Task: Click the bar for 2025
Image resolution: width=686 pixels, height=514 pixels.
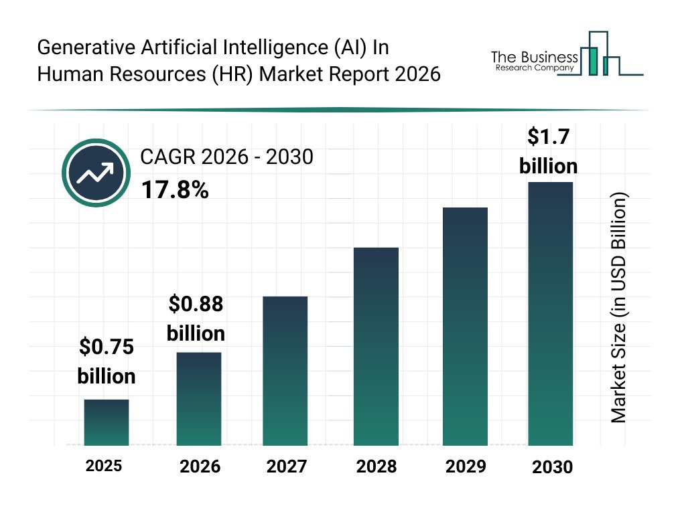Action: (x=106, y=422)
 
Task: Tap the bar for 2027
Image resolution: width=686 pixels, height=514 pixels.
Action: (x=285, y=371)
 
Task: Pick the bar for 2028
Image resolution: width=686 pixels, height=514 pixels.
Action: (x=376, y=346)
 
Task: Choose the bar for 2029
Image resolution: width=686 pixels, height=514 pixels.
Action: (x=465, y=326)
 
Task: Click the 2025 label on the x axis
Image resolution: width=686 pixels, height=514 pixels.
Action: (x=104, y=466)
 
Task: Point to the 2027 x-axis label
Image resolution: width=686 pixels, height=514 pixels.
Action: (x=286, y=466)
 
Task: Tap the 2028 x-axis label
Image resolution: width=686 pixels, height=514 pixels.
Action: (x=376, y=466)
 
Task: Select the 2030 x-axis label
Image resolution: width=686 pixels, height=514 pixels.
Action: (x=553, y=467)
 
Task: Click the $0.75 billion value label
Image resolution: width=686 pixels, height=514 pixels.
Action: (x=107, y=361)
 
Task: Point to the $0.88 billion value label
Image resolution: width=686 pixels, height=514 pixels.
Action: (x=196, y=319)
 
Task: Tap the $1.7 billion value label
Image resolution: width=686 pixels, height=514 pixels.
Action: (x=549, y=151)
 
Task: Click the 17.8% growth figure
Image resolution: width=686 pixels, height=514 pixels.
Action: (x=175, y=190)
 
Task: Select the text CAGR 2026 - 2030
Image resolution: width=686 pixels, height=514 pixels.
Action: (x=226, y=157)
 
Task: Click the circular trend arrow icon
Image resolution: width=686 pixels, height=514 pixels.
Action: (x=96, y=173)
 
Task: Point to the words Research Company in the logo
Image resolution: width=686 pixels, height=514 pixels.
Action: (x=534, y=68)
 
